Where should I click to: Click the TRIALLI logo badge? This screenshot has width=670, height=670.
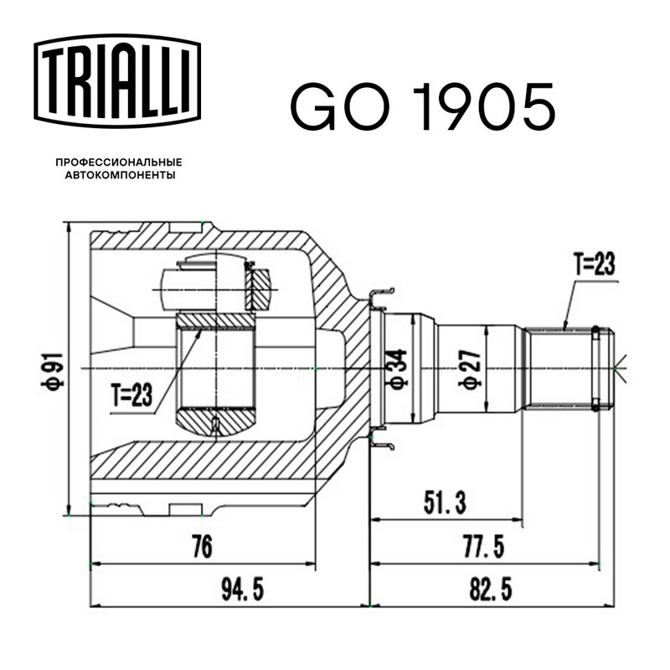[117, 80]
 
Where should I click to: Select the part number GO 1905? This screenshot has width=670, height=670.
[423, 107]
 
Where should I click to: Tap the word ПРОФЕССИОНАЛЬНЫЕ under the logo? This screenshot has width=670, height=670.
[119, 162]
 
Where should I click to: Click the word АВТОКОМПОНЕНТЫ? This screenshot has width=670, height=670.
[120, 175]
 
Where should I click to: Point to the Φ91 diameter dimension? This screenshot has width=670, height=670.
[53, 370]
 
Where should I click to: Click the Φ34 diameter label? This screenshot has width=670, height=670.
[397, 368]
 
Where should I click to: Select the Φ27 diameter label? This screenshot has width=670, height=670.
[470, 368]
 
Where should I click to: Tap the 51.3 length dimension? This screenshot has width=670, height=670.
[445, 502]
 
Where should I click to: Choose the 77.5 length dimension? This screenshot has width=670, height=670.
[483, 547]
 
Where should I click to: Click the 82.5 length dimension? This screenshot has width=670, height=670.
[491, 590]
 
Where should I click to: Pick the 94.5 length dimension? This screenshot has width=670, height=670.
[243, 590]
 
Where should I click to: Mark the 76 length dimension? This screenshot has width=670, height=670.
[202, 547]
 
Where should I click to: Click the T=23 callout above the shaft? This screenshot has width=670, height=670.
[595, 264]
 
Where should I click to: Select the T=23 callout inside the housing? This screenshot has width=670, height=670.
[131, 394]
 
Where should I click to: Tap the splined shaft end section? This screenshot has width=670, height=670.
[569, 368]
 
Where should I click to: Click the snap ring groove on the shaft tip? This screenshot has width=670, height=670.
[595, 368]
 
